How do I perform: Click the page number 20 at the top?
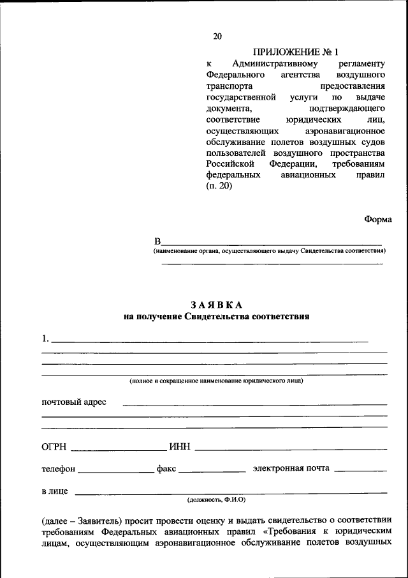217,36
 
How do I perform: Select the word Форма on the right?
378,218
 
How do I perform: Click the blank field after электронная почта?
360,471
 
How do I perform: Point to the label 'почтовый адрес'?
74,402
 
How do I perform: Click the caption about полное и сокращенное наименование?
216,381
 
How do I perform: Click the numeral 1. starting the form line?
45,338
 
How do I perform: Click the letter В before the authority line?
157,241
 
